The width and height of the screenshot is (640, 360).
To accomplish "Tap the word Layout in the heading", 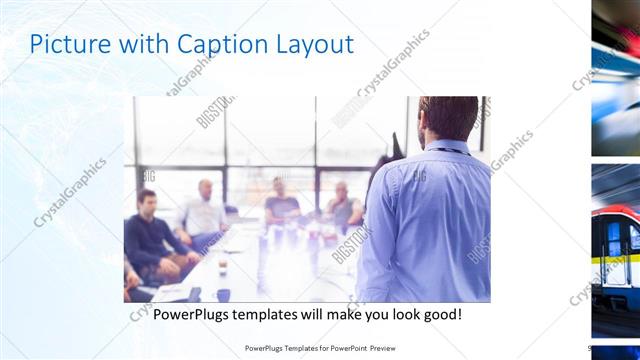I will [x=319, y=46].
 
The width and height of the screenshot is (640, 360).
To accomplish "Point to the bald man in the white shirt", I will [x=204, y=210].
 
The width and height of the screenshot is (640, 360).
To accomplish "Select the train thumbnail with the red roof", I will [x=616, y=250].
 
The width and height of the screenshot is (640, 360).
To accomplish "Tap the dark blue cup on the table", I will [x=222, y=294].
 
